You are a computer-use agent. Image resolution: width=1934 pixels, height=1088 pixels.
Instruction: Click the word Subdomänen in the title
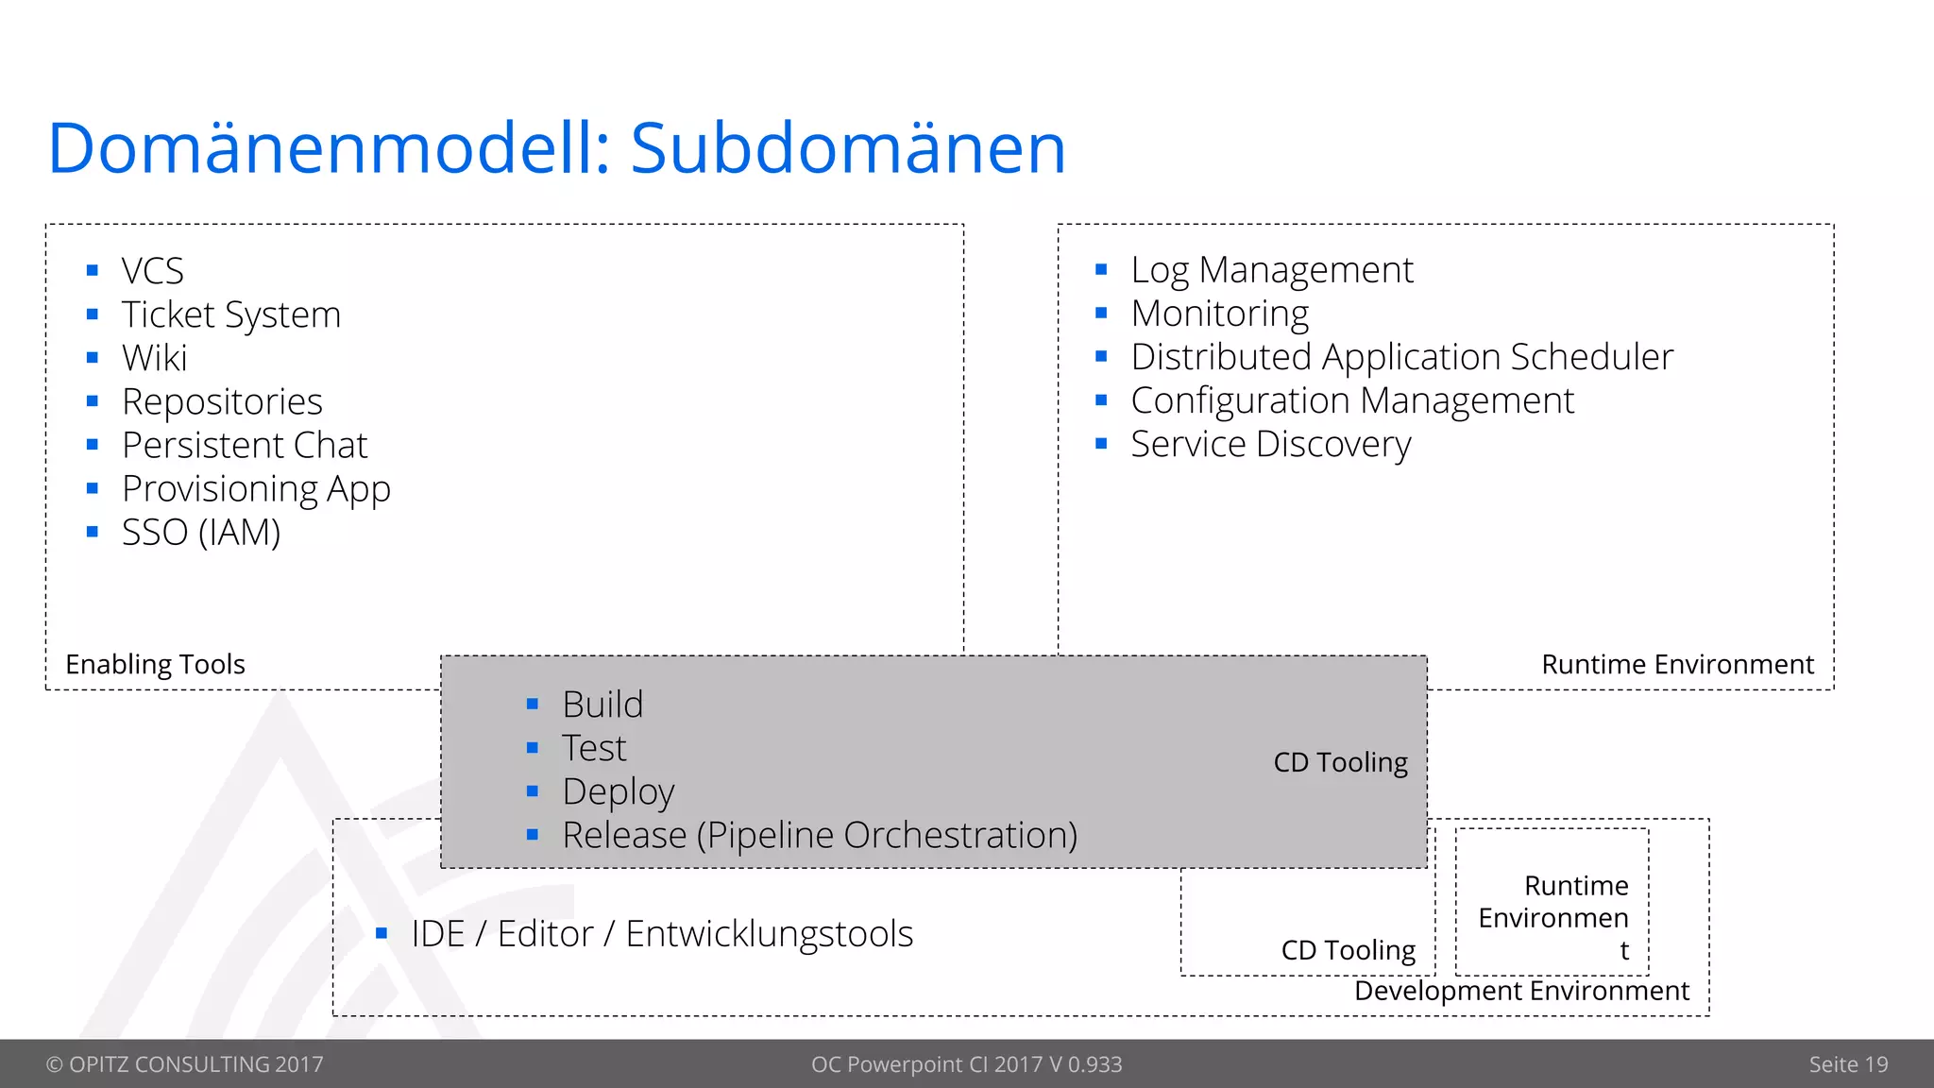(847, 149)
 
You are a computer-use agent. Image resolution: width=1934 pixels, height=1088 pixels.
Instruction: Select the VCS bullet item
(153, 271)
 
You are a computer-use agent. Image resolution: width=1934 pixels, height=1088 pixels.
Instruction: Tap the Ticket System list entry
(231, 314)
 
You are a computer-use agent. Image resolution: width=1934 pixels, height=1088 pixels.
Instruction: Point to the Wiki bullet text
(155, 358)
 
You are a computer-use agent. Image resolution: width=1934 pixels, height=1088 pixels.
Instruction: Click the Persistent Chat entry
(245, 445)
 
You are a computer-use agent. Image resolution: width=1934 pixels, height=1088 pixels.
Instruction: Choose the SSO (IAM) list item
(201, 533)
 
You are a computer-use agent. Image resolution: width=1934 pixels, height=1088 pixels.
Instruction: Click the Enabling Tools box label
(155, 664)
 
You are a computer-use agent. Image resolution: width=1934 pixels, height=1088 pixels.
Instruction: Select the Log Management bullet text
(1271, 270)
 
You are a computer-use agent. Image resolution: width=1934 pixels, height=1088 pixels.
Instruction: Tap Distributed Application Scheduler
(1401, 357)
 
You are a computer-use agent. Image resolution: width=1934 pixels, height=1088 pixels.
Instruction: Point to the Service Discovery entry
(1270, 444)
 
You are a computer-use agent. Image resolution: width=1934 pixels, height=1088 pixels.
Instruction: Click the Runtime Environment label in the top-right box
(1677, 664)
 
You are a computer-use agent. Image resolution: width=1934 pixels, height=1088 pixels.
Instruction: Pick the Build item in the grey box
(602, 705)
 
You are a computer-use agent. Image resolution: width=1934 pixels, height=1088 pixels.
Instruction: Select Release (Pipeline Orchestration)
(819, 835)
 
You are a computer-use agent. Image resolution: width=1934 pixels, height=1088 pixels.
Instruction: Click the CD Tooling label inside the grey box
(1340, 762)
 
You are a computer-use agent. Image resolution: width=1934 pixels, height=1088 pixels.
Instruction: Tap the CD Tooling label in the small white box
(1348, 950)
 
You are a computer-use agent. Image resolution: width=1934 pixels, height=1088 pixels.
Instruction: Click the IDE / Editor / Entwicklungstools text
(662, 934)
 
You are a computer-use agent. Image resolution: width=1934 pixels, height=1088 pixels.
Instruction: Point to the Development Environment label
(1521, 991)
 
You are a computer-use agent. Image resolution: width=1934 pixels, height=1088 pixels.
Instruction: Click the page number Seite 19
(1848, 1064)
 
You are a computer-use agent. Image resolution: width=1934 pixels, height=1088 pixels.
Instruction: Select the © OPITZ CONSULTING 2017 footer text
(185, 1064)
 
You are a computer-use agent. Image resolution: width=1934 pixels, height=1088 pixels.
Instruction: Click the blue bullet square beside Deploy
(533, 791)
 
